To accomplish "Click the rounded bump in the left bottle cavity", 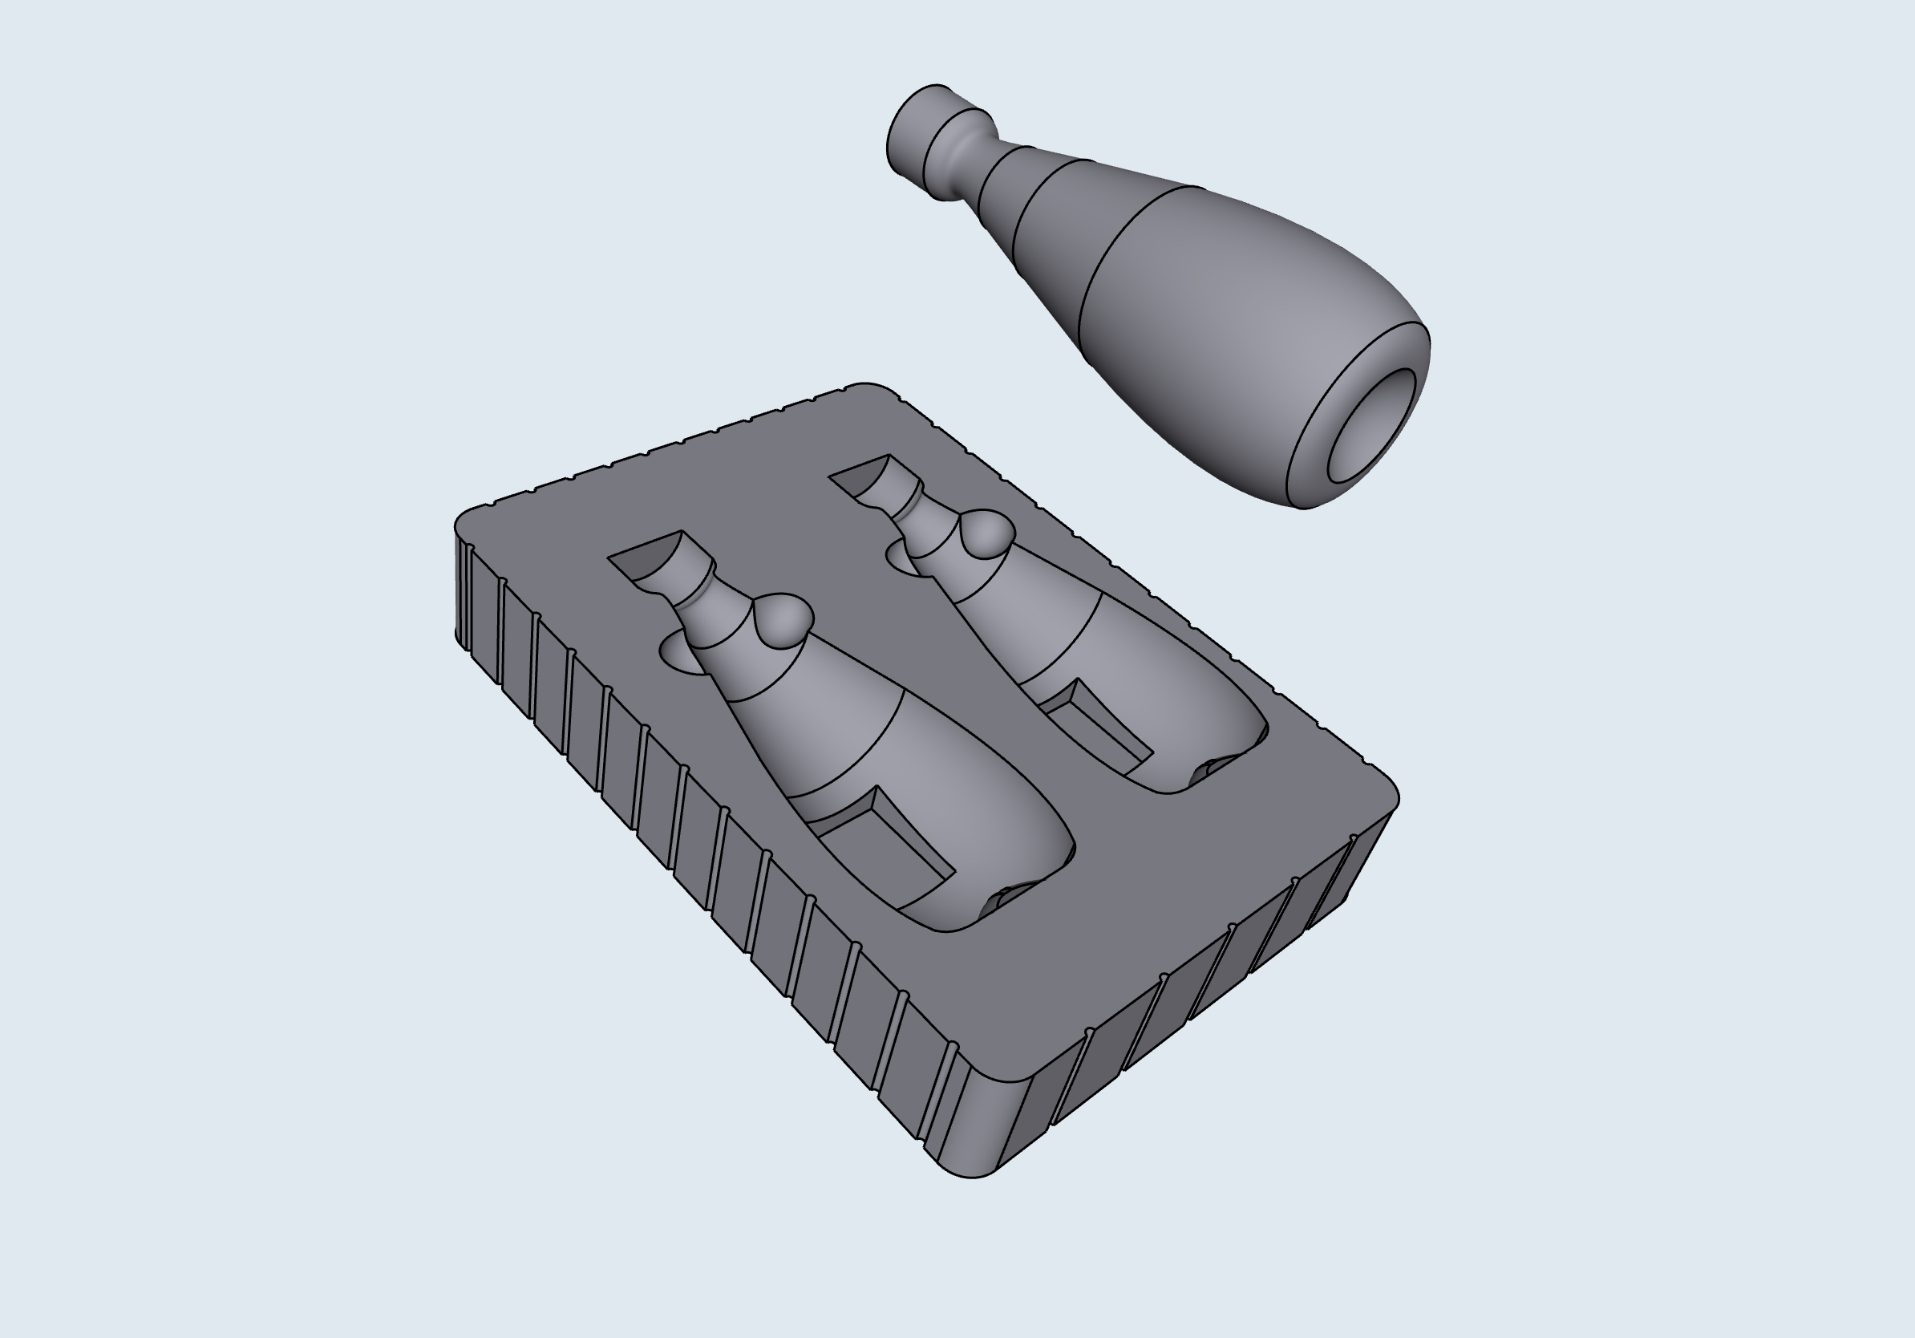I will click(783, 620).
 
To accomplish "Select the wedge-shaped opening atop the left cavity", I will click(650, 555).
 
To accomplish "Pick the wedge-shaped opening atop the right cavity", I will click(863, 476).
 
